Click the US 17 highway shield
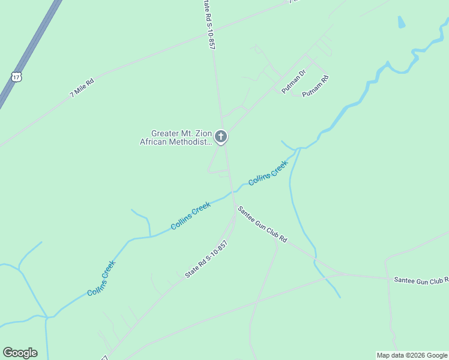pyautogui.click(x=16, y=76)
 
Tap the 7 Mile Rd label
pyautogui.click(x=82, y=87)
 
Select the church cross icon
pyautogui.click(x=221, y=137)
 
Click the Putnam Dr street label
pyautogui.click(x=294, y=81)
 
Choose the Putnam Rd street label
pyautogui.click(x=316, y=86)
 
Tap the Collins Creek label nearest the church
pyautogui.click(x=268, y=172)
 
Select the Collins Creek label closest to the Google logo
pyautogui.click(x=101, y=278)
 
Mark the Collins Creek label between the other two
pyautogui.click(x=190, y=216)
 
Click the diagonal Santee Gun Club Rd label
pyautogui.click(x=262, y=224)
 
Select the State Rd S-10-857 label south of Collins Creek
pyautogui.click(x=206, y=259)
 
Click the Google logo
pyautogui.click(x=20, y=353)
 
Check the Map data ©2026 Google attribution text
pyautogui.click(x=411, y=355)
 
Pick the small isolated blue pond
pyautogui.click(x=401, y=23)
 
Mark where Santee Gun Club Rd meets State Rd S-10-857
pyautogui.click(x=235, y=208)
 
